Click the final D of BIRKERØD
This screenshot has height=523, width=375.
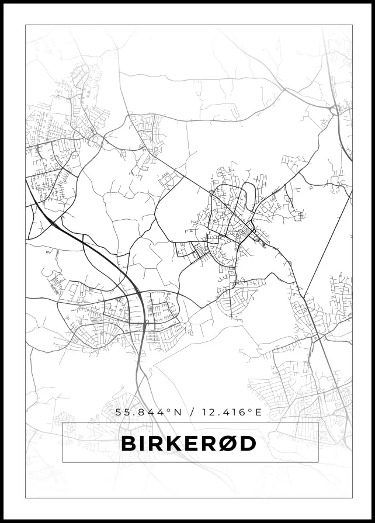click(248, 444)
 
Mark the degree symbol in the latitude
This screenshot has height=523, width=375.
click(169, 410)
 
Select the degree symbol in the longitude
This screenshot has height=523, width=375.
click(249, 410)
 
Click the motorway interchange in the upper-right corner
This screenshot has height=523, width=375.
click(336, 109)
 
